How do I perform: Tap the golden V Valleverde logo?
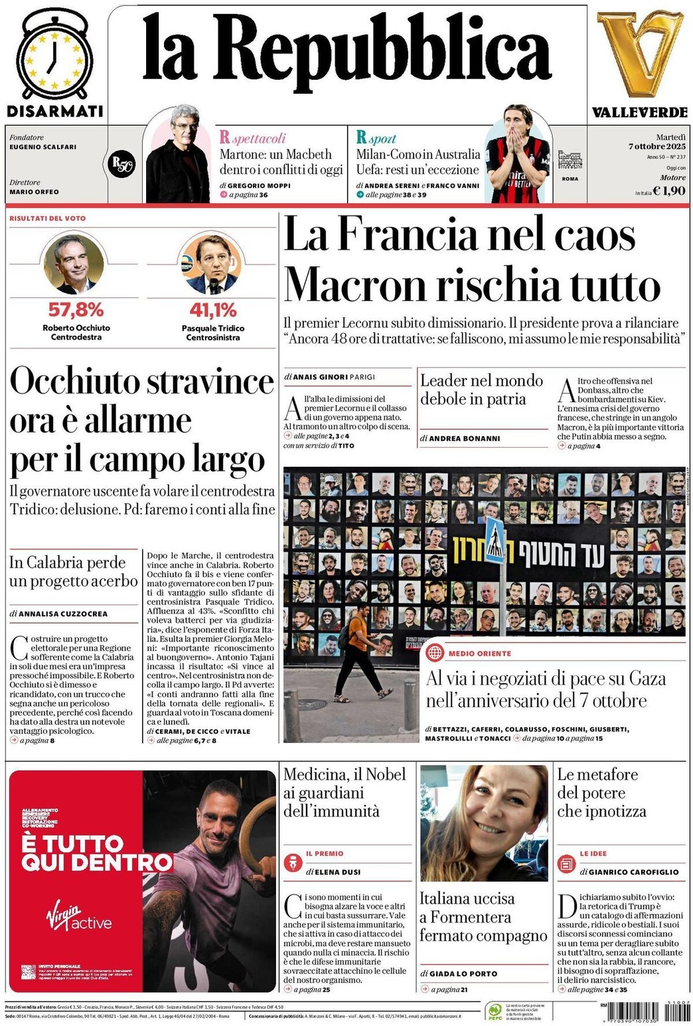(x=639, y=53)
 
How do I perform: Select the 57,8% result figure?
(x=76, y=309)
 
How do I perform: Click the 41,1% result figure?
(x=213, y=310)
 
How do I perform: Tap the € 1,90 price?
(x=669, y=191)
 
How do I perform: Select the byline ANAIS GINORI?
(x=320, y=377)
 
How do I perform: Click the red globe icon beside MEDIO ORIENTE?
(x=435, y=653)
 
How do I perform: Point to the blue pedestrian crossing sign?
(x=495, y=538)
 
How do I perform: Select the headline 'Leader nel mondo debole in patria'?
(x=481, y=390)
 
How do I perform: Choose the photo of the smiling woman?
(x=484, y=823)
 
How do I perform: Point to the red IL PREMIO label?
(x=325, y=853)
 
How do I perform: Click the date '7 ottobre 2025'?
(x=657, y=146)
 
